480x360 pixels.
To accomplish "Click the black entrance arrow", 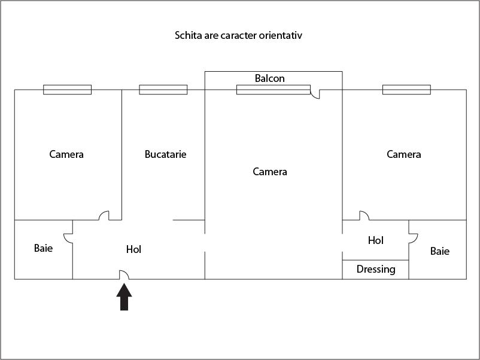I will click(124, 297).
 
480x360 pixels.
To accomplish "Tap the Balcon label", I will click(270, 78).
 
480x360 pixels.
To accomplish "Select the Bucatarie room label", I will click(166, 154).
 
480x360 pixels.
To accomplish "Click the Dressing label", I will click(376, 269).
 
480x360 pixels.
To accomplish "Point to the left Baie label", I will click(43, 248).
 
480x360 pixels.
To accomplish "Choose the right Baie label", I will click(440, 251).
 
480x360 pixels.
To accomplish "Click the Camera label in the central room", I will click(270, 172).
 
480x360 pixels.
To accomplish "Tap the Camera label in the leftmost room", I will click(66, 154).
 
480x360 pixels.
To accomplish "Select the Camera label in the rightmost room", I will click(404, 154).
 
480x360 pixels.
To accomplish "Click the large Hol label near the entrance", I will click(134, 249).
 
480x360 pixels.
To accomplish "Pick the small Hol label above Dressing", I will click(376, 240).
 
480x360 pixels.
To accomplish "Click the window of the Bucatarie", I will click(163, 90).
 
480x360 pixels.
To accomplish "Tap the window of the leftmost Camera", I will click(68, 90).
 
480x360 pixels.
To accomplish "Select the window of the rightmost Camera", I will click(407, 90).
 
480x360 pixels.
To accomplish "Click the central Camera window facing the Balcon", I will click(274, 90).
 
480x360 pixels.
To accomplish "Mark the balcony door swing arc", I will click(316, 94).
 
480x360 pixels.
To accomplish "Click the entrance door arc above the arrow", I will click(124, 275).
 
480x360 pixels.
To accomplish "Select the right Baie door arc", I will click(413, 237).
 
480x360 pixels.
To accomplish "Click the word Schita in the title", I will click(188, 35).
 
